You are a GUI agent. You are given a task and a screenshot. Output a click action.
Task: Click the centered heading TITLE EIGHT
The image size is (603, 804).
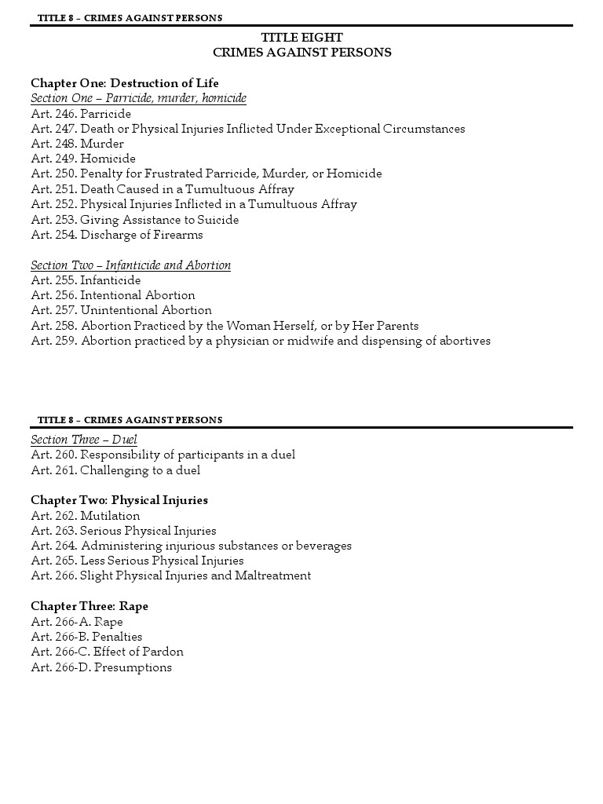301,38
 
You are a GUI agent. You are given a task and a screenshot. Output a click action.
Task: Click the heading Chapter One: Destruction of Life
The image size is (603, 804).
125,83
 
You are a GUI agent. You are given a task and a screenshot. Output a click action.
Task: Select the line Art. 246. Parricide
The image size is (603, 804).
81,114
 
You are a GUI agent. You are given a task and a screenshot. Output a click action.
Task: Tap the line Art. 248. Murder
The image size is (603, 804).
77,144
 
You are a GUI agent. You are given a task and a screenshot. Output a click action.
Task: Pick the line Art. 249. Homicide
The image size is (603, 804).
83,159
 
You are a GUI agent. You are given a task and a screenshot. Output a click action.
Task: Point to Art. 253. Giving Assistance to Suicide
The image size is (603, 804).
134,220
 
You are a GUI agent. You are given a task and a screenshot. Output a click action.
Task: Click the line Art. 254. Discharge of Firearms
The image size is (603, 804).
117,235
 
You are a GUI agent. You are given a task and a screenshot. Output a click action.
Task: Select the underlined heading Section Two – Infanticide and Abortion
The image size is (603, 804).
130,265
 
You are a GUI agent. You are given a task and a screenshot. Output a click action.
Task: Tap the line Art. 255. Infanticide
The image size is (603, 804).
86,280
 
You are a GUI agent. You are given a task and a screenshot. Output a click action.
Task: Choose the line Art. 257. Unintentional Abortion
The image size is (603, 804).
121,310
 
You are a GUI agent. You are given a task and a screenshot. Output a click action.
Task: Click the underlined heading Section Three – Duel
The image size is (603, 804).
84,440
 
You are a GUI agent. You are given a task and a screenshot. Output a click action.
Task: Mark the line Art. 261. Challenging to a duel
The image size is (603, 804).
115,470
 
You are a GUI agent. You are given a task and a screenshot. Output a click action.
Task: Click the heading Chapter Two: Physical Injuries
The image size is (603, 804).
119,500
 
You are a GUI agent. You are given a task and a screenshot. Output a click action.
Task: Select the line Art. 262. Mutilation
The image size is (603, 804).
86,516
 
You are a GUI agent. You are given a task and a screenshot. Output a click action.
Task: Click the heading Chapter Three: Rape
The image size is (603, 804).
90,606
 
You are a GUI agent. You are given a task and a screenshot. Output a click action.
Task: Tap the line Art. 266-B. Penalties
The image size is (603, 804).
86,637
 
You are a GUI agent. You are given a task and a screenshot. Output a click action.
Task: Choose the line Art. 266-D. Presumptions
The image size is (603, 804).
101,667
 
